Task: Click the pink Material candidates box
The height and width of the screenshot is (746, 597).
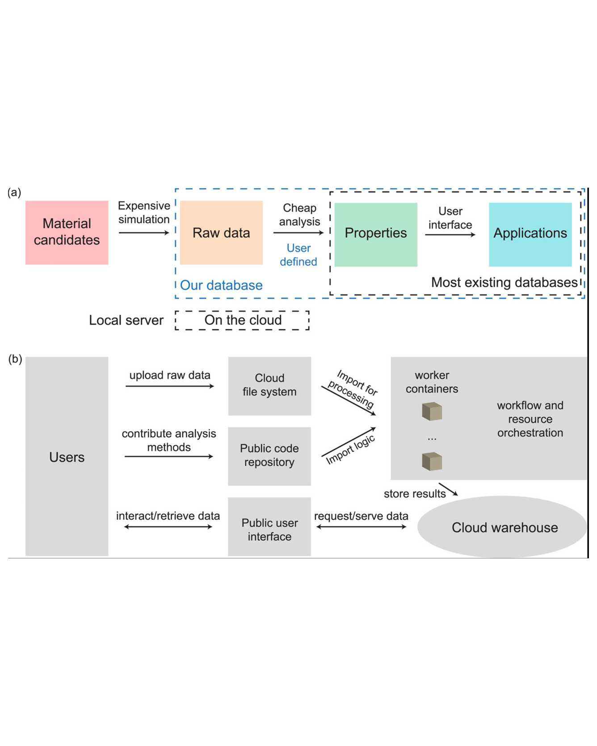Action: (x=67, y=232)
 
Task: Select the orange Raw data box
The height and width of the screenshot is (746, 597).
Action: (x=221, y=232)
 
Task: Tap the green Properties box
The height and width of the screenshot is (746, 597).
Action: (x=375, y=235)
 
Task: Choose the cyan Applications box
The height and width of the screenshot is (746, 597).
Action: (x=530, y=235)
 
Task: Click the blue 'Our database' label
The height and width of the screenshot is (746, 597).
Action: (x=221, y=285)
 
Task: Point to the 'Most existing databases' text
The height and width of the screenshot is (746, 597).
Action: (x=504, y=282)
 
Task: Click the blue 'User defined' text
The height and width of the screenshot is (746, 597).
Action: (x=298, y=255)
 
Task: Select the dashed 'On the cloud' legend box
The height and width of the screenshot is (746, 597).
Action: (x=242, y=320)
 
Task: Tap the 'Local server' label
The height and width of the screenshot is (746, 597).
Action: (x=126, y=320)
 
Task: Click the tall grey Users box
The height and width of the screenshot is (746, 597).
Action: (x=67, y=457)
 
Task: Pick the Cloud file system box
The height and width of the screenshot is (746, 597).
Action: (x=269, y=386)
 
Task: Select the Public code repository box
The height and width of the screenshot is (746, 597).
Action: (x=269, y=456)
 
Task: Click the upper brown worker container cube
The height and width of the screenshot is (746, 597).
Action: (x=432, y=411)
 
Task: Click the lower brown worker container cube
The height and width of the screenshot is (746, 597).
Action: (x=432, y=461)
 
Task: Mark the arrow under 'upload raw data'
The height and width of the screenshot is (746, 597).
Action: (x=170, y=386)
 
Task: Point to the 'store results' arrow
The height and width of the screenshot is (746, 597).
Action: (x=448, y=490)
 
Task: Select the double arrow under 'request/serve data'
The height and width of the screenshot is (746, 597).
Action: (x=361, y=527)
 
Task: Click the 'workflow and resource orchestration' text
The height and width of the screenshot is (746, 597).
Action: (x=530, y=419)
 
